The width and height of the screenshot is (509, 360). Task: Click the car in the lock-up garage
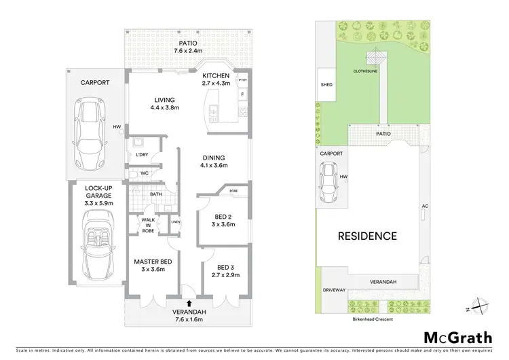(x=95, y=244)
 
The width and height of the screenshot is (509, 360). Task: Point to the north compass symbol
(x=481, y=306)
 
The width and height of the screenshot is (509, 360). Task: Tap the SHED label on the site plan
(x=327, y=86)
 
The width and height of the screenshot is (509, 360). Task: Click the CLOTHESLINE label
(x=364, y=70)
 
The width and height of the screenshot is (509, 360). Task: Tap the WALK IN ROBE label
(x=149, y=225)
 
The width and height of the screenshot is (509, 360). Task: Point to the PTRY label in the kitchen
(x=242, y=79)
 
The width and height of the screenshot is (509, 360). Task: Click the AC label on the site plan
(x=425, y=206)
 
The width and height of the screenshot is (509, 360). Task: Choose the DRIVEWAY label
(x=335, y=290)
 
